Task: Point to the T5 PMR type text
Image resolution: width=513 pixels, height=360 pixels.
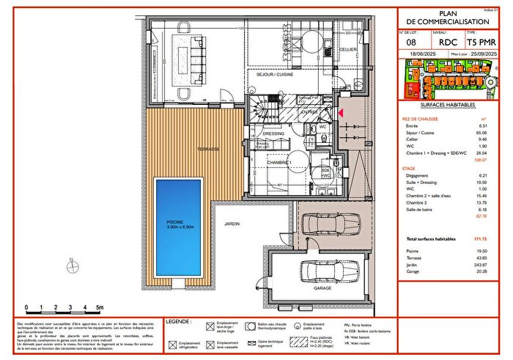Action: click(482, 43)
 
